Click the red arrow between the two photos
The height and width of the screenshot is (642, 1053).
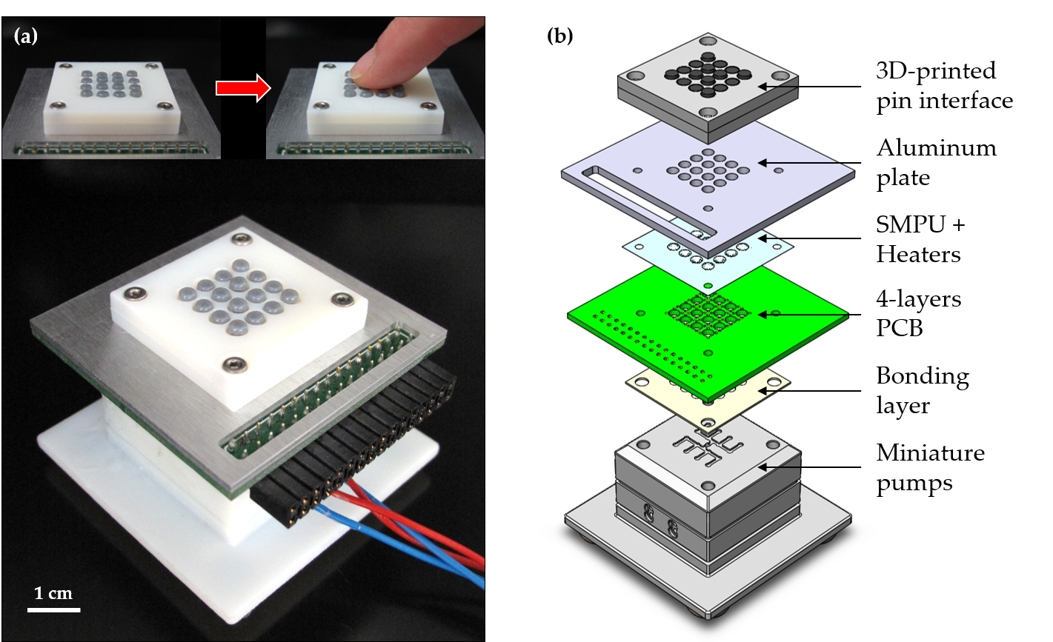tap(241, 88)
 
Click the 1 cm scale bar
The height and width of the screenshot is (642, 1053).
tap(54, 609)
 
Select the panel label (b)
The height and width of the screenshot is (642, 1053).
tap(559, 36)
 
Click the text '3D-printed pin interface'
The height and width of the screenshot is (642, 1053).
tap(944, 85)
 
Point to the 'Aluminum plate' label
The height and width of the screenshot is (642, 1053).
tap(936, 162)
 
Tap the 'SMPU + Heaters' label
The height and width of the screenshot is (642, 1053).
tap(920, 239)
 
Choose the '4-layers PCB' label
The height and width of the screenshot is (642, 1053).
tap(919, 312)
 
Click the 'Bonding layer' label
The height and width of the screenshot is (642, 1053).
tap(922, 390)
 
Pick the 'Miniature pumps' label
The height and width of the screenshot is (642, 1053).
tap(930, 467)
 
